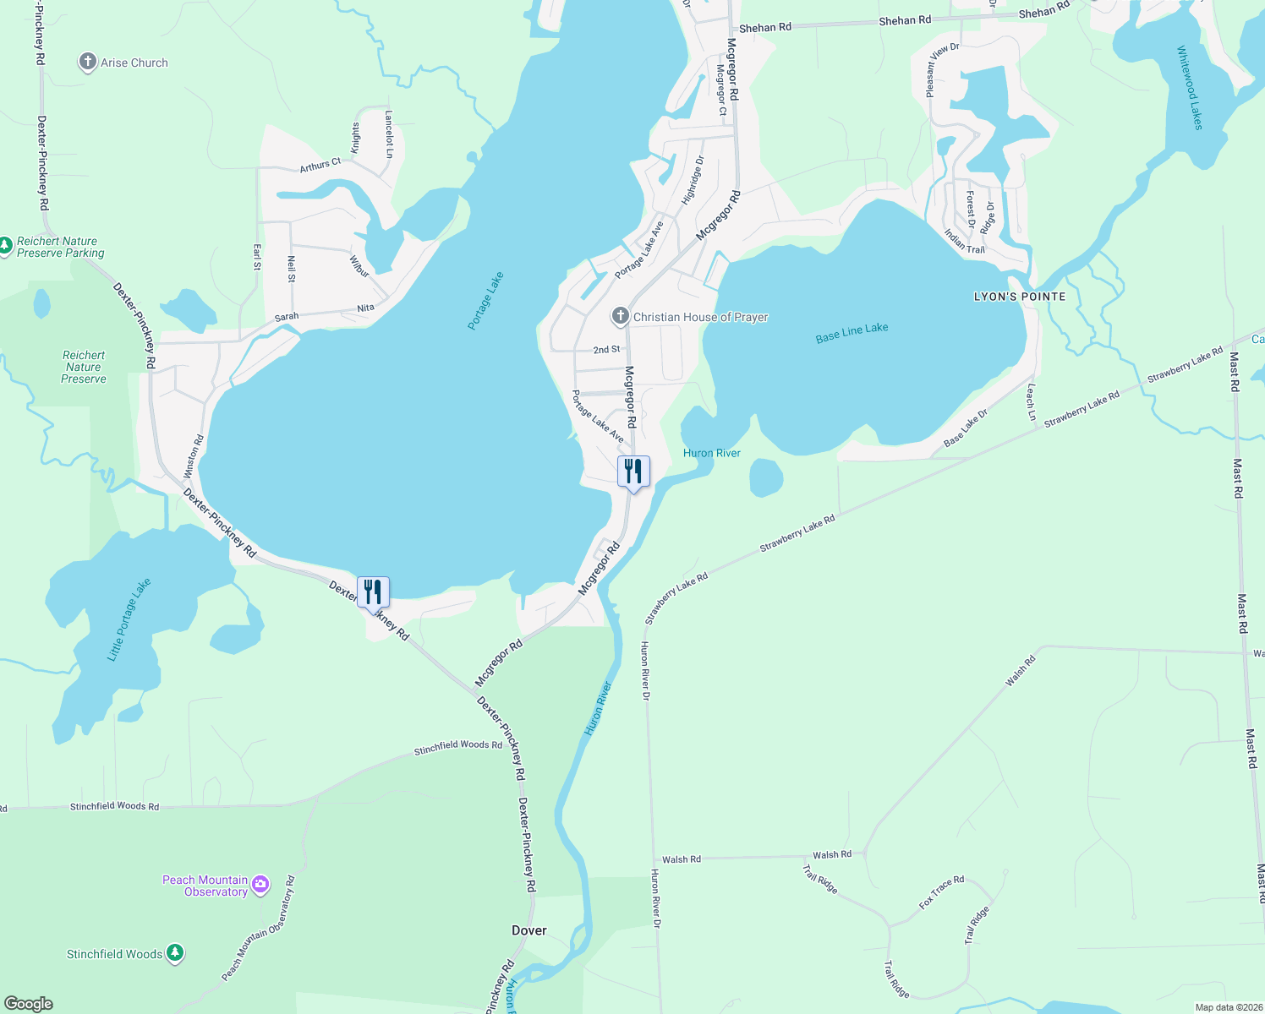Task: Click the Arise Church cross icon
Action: [x=87, y=62]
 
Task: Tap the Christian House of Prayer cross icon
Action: [x=620, y=316]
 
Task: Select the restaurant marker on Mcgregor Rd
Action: [x=633, y=472]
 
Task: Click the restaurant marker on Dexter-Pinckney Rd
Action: [x=373, y=592]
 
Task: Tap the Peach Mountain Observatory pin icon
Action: [x=260, y=885]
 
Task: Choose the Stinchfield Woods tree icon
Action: [x=175, y=953]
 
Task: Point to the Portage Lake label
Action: [x=485, y=301]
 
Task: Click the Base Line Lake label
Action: [x=852, y=333]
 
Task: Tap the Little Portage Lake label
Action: [x=129, y=620]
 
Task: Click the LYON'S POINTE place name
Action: [x=1019, y=297]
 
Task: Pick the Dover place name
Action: [x=529, y=930]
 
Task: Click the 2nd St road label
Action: [x=606, y=349]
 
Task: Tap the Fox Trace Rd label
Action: [x=941, y=892]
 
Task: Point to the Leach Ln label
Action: [x=1031, y=402]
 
